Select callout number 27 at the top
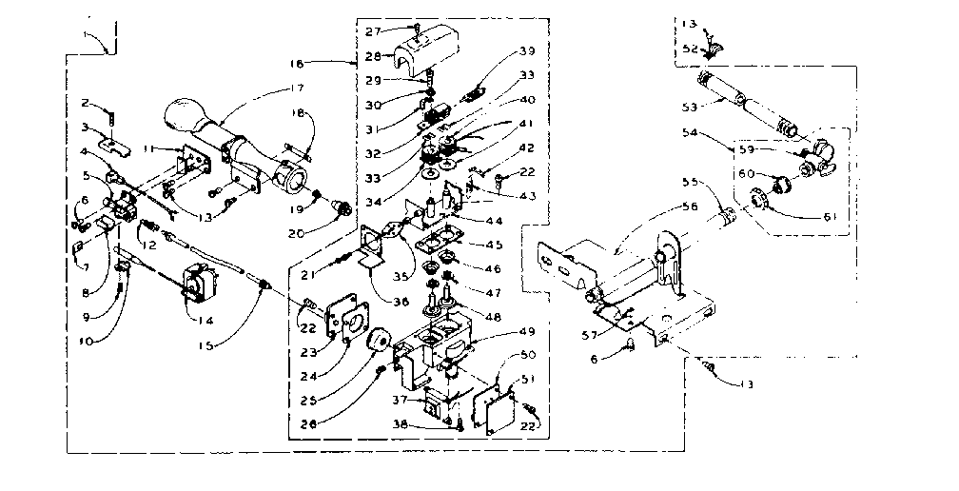point(373,30)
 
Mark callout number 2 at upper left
point(85,103)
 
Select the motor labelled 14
point(199,284)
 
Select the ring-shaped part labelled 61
point(761,201)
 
